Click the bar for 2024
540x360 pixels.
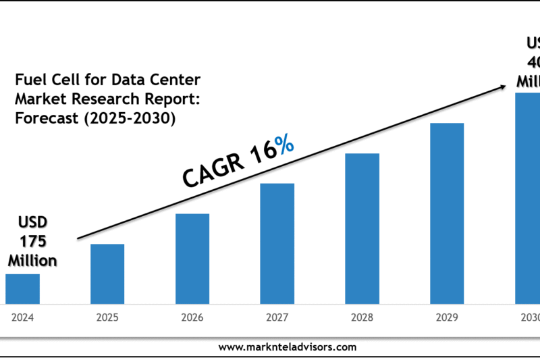click(x=22, y=288)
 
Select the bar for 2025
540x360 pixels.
click(x=107, y=274)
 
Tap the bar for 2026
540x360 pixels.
click(x=192, y=259)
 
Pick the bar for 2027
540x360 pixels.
click(x=277, y=243)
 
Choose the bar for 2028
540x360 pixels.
click(x=362, y=228)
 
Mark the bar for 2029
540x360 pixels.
click(x=447, y=213)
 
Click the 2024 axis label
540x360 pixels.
click(x=22, y=316)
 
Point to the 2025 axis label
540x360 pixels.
click(x=107, y=316)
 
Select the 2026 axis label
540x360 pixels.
click(x=192, y=316)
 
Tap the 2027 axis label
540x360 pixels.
click(x=277, y=316)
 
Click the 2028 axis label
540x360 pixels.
click(x=362, y=316)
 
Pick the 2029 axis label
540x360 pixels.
click(x=447, y=316)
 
